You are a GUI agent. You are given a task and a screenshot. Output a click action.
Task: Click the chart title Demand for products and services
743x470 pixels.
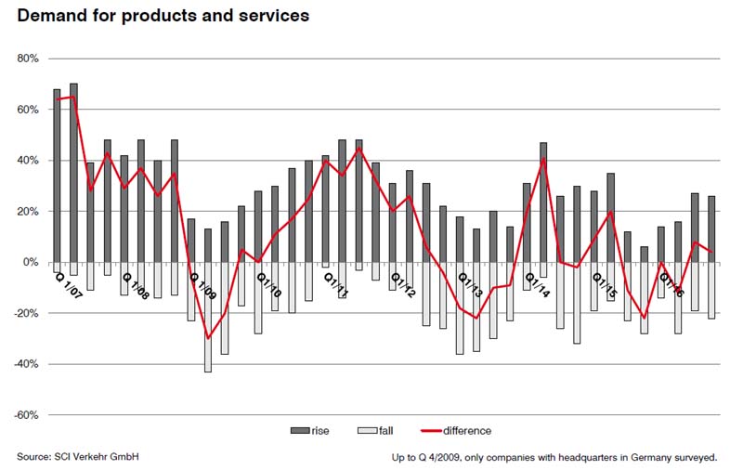coord(163,16)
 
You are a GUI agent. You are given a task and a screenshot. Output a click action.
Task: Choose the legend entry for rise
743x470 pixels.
coord(310,431)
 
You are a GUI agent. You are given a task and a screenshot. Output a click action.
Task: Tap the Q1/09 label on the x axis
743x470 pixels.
coord(203,285)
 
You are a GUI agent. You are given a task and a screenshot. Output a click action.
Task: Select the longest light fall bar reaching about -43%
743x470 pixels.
coord(208,318)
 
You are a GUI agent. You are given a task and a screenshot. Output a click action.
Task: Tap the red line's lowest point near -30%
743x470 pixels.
coord(208,338)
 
